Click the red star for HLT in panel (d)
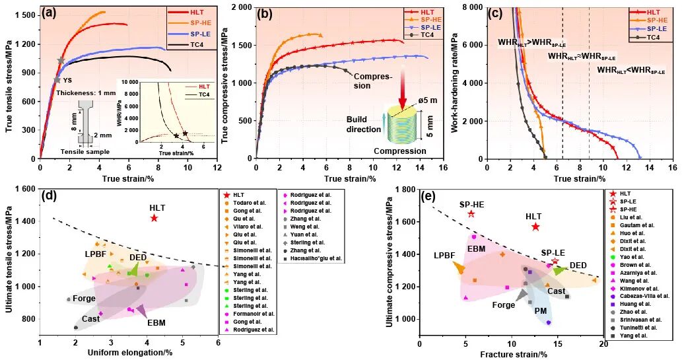pyautogui.click(x=154, y=218)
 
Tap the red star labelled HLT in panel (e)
pyautogui.click(x=535, y=227)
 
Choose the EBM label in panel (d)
pyautogui.click(x=156, y=323)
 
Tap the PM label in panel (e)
pyautogui.click(x=540, y=310)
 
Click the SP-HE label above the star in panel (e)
pyautogui.click(x=471, y=204)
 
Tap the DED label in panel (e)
pyautogui.click(x=578, y=266)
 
